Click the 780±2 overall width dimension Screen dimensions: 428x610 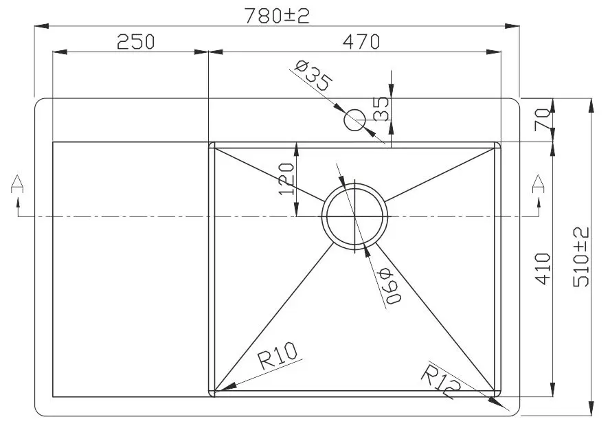tap(278, 15)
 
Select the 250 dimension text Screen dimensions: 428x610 tap(136, 43)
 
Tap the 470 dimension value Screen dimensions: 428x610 tap(360, 43)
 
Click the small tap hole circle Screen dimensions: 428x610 tap(355, 121)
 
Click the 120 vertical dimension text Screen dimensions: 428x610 tap(287, 179)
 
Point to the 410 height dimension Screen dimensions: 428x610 tap(543, 269)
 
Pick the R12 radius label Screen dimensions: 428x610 tap(439, 382)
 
